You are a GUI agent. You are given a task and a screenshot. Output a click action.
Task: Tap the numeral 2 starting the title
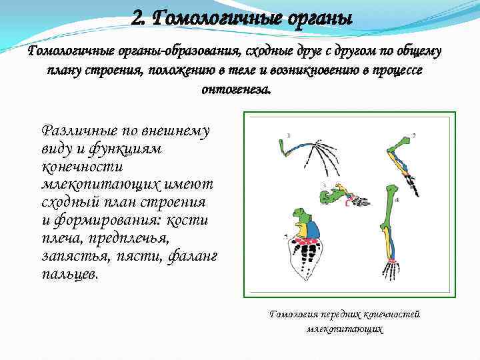click(x=138, y=17)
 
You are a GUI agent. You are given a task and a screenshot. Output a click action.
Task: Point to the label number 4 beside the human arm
click(x=397, y=199)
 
